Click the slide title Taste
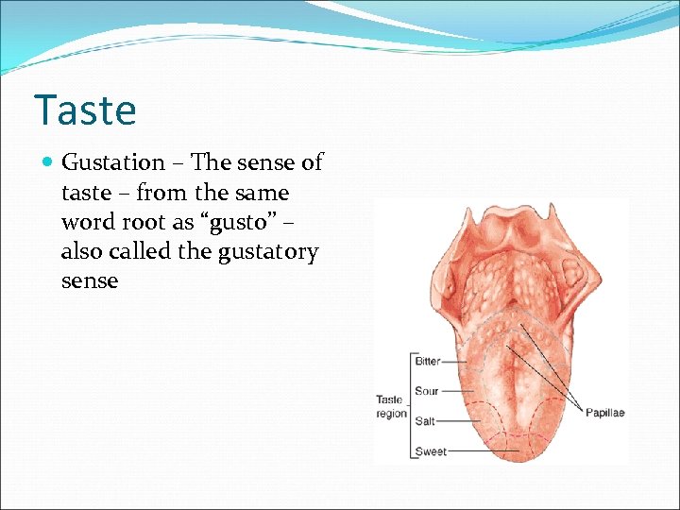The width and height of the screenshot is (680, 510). [85, 110]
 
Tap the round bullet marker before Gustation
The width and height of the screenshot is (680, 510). [49, 163]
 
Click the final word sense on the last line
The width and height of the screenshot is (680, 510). [90, 281]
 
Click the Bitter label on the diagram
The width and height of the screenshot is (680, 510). [427, 361]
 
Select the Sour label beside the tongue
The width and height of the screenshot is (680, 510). [426, 391]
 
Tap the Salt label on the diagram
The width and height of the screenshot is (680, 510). [425, 421]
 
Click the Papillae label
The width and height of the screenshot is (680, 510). [604, 413]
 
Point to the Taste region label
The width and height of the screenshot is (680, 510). [391, 406]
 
